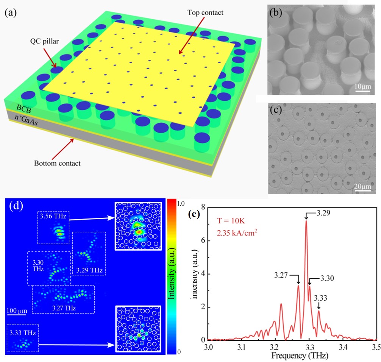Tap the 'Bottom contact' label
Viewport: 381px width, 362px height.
[x=57, y=164]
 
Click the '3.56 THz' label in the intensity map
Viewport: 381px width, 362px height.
[x=54, y=217]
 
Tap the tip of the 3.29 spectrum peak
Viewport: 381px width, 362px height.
[x=306, y=221]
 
